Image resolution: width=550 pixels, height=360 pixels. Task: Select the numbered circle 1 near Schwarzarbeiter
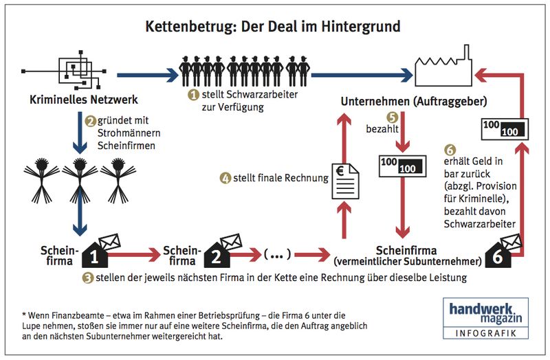click(x=194, y=93)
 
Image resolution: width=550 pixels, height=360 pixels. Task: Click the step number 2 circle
click(x=89, y=120)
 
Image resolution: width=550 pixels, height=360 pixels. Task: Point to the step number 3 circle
click(x=87, y=278)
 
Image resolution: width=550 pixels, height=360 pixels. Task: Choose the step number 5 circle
click(x=393, y=117)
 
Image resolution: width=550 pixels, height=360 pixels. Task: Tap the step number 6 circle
click(x=450, y=148)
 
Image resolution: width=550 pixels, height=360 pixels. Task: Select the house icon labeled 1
click(x=97, y=254)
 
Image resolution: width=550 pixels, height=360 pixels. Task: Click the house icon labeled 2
click(x=214, y=254)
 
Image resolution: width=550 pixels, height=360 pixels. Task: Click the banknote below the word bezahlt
click(x=399, y=165)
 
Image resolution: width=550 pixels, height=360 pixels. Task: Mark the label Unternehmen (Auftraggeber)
click(x=414, y=102)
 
